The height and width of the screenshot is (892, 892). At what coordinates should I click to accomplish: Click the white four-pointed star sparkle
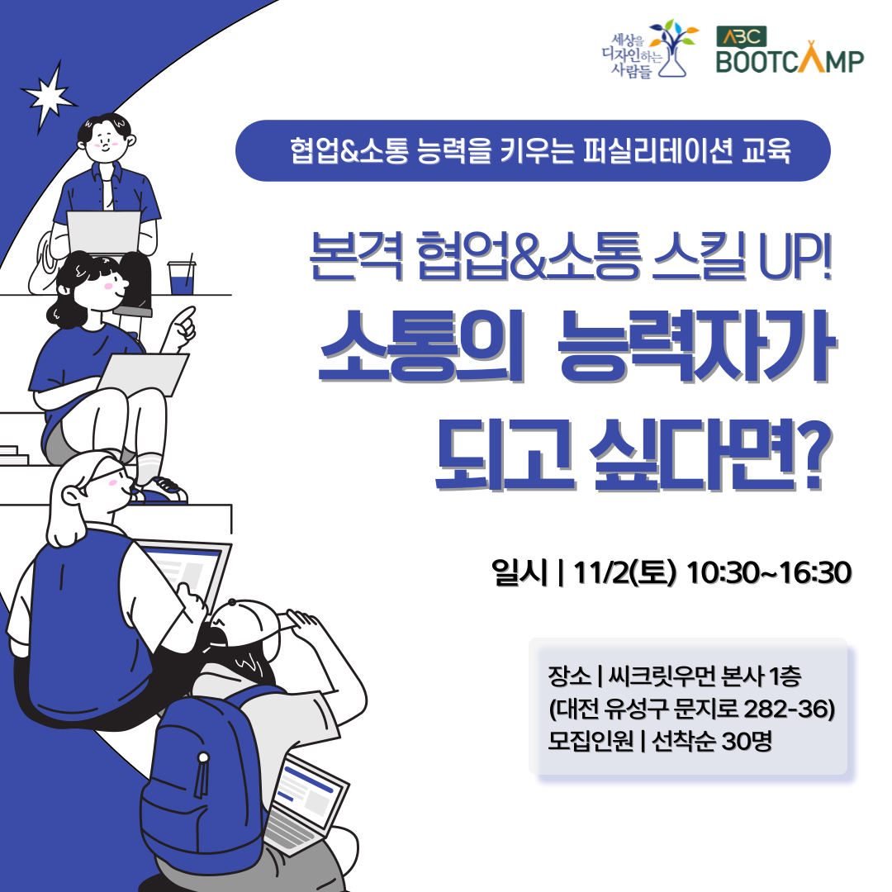point(52,96)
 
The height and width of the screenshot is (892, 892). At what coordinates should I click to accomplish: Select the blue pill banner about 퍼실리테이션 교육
point(532,151)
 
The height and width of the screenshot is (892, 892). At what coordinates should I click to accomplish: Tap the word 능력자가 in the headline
point(694,355)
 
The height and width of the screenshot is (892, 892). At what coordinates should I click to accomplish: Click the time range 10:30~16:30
point(768,572)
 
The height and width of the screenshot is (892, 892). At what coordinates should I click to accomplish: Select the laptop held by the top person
point(104,231)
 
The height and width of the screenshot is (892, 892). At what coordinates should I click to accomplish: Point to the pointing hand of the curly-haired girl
point(182,327)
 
